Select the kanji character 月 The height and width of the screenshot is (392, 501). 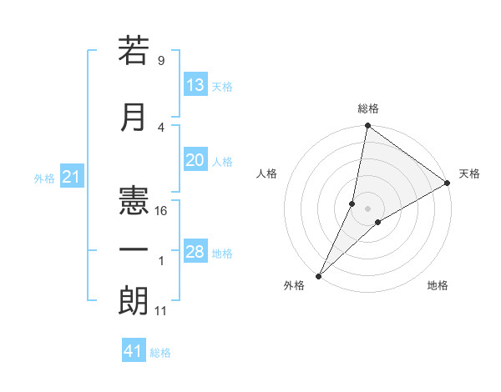pos(134,118)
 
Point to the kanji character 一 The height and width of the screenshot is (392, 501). pos(134,250)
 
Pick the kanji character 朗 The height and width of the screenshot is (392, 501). pos(134,300)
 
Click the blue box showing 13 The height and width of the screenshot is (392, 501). pos(195,85)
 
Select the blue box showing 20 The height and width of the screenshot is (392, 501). pos(195,161)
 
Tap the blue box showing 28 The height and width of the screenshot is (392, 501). pos(195,252)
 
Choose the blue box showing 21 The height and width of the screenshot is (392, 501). pos(71,177)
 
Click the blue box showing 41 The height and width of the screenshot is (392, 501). pos(134,351)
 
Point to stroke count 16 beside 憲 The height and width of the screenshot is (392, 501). pos(162,211)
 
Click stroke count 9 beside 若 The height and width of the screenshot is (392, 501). pos(161,61)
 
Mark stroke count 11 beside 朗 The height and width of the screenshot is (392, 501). pos(162,311)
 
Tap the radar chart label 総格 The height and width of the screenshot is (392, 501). pos(368,108)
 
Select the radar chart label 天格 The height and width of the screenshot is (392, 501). pos(469,173)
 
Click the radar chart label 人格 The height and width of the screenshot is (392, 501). pos(267,173)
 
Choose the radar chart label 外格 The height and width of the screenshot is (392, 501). pos(294,286)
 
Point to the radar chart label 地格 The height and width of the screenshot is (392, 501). pos(438,286)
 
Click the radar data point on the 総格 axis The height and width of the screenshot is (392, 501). pos(367,126)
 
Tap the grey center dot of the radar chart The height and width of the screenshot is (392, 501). pos(367,209)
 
